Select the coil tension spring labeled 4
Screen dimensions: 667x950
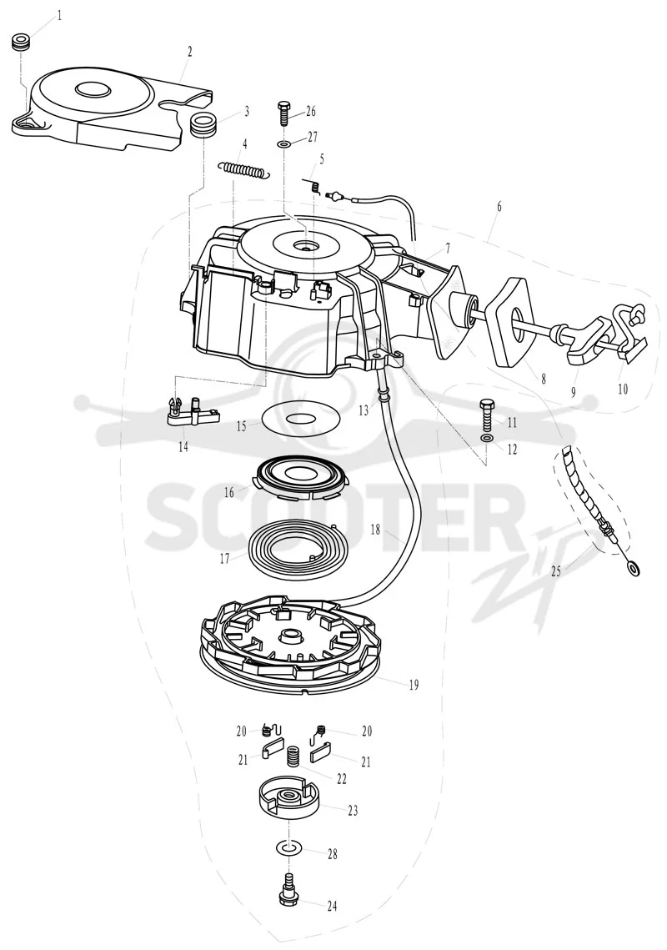click(x=245, y=169)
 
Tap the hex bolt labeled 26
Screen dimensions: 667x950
click(x=283, y=113)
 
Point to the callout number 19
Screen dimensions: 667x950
click(x=414, y=686)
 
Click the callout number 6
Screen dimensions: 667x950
click(x=499, y=207)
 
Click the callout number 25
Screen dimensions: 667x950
click(x=556, y=571)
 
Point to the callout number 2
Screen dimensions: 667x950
click(x=189, y=52)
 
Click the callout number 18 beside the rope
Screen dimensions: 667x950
click(x=375, y=530)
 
